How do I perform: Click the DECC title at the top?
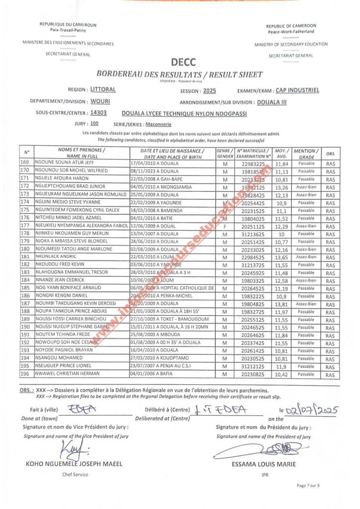183,62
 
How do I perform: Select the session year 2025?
210,91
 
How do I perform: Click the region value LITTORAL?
103,90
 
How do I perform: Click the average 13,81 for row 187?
282,304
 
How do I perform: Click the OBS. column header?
330,154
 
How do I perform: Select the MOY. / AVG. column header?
282,154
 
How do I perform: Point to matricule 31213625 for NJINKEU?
253,234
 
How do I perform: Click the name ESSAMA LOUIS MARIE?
264,464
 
